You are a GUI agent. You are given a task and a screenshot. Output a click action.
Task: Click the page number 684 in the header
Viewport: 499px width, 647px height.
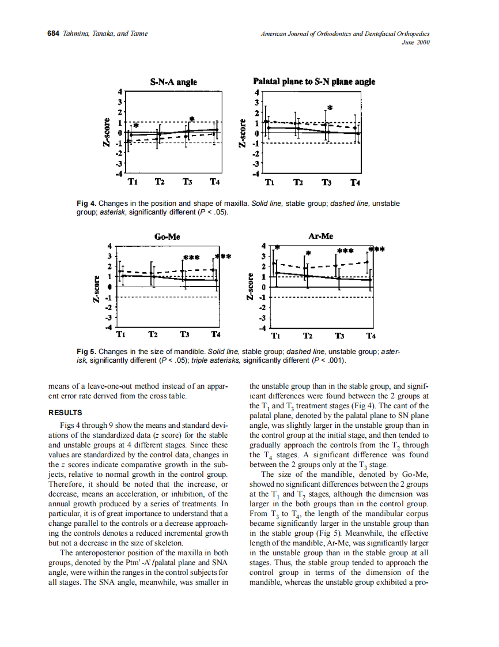tap(53, 33)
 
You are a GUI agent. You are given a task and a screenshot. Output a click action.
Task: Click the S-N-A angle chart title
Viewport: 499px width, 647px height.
tap(173, 82)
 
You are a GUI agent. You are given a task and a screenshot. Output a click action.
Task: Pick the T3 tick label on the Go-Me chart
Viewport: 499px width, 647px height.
tap(185, 334)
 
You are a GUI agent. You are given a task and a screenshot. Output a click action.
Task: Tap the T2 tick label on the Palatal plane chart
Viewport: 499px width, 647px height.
tap(298, 183)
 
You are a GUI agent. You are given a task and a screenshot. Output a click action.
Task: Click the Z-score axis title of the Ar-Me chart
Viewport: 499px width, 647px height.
tap(250, 286)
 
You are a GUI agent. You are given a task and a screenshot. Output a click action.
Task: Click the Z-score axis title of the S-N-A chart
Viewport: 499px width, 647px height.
tap(107, 132)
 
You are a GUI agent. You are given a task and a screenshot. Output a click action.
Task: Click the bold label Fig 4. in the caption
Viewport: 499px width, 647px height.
tap(86, 204)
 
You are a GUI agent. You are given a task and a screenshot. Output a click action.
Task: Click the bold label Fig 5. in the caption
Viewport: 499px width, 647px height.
tap(86, 351)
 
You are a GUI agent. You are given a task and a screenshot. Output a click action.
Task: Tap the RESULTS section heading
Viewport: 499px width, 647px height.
tap(65, 412)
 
